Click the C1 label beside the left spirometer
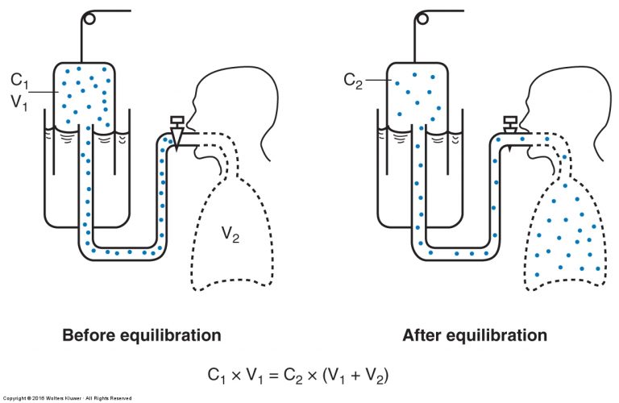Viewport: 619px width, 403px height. point(19,81)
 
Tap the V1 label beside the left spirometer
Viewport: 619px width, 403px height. point(19,102)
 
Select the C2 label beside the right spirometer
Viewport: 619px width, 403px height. point(353,81)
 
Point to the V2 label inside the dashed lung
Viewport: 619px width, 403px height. point(231,234)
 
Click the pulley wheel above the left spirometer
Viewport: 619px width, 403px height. point(89,19)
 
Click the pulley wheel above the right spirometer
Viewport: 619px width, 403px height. point(422,19)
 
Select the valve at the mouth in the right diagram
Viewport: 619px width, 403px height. point(510,124)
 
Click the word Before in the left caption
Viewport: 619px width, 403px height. point(88,335)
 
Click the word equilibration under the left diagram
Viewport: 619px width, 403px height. point(170,336)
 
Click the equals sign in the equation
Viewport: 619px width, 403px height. point(273,375)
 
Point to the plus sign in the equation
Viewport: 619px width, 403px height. point(355,375)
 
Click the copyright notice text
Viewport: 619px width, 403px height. point(67,398)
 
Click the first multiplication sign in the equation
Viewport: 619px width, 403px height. point(235,376)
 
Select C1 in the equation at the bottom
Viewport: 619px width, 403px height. point(217,376)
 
